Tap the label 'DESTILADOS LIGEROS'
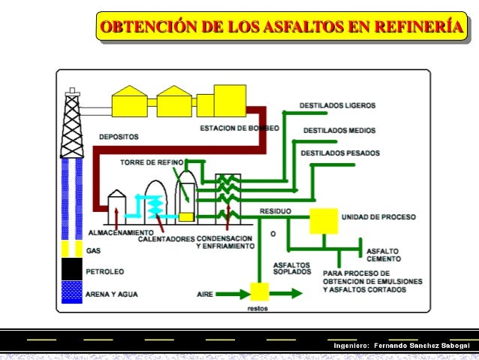click(337, 105)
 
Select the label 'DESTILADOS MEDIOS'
click(339, 131)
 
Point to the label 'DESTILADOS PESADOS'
click(340, 154)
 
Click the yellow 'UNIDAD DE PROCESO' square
click(324, 219)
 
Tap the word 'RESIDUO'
click(275, 210)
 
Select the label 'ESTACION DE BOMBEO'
click(239, 129)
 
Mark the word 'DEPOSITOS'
click(119, 137)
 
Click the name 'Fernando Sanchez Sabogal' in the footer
click(421, 345)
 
